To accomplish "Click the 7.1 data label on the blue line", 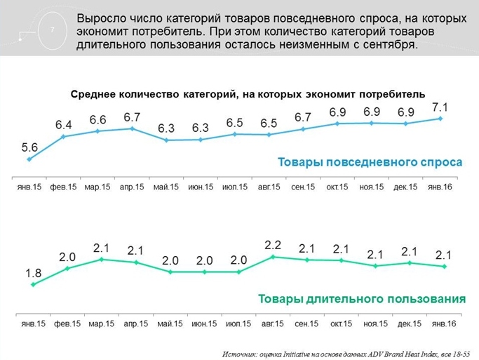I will click(x=440, y=107).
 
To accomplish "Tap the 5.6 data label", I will click(x=29, y=147).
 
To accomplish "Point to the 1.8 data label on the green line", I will click(x=33, y=272).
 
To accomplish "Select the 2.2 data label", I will click(x=273, y=245).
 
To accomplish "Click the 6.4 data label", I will click(x=64, y=125).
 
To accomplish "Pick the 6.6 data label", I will click(x=97, y=119).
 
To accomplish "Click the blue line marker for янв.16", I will click(x=440, y=119).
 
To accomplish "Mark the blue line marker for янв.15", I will click(x=29, y=159).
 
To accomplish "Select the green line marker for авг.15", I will click(x=273, y=257).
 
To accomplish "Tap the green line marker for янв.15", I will click(x=33, y=284).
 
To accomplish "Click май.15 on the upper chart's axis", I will click(x=166, y=187).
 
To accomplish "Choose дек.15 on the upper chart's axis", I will click(x=407, y=187).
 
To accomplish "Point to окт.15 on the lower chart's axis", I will click(x=341, y=324).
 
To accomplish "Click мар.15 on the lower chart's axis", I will click(x=102, y=324).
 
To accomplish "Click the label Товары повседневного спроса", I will click(x=370, y=163).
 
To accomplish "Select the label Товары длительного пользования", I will click(x=362, y=299).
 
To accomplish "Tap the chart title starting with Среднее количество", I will click(x=248, y=94).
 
